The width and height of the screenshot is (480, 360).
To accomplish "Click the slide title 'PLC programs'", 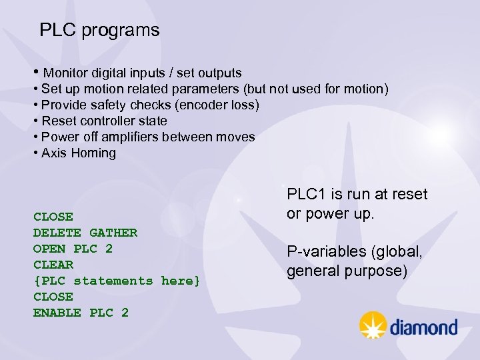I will [x=99, y=30].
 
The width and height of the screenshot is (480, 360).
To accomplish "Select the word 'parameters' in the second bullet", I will [x=206, y=89].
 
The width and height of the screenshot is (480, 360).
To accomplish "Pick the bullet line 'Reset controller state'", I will [x=104, y=121].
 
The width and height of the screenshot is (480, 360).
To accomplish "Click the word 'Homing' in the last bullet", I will [x=93, y=153].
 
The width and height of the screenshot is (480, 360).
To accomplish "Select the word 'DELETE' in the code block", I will [x=57, y=233].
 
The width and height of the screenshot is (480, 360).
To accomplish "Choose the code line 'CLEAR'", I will [x=53, y=265].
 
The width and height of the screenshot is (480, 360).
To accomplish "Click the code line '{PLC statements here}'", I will [x=117, y=281].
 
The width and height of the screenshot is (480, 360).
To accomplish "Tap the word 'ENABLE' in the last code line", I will [x=57, y=313].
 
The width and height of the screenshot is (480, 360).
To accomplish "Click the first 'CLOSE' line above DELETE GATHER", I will [x=53, y=217].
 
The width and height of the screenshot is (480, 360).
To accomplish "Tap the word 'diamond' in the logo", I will [x=423, y=327].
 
